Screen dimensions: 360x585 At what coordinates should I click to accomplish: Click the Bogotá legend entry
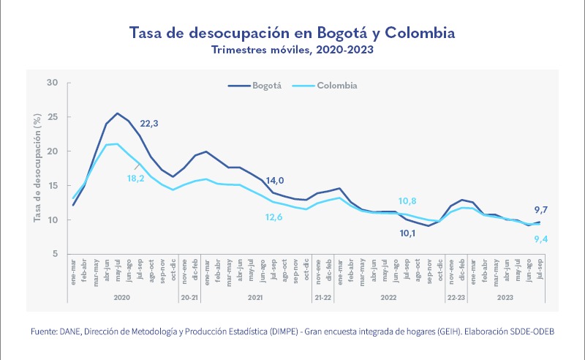pos(256,86)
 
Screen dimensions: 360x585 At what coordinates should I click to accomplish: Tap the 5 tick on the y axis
pos(55,254)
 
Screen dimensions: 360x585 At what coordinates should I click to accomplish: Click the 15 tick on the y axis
pos(53,185)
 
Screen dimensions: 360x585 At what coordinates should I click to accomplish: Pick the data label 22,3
pos(149,124)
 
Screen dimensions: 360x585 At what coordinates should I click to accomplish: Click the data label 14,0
pos(275,180)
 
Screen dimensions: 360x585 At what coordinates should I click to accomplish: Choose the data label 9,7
pos(541,210)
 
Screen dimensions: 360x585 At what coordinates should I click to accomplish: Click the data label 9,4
pos(541,239)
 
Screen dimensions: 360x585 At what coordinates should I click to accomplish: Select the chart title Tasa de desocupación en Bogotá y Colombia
pos(292,33)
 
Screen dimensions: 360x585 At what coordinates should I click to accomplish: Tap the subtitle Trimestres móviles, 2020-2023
pos(292,50)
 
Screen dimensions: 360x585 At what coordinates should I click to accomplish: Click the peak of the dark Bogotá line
pos(118,113)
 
